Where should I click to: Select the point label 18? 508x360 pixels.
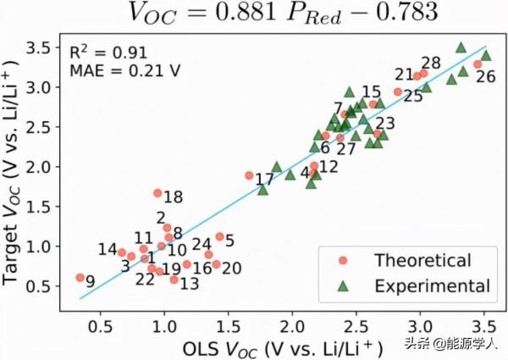[x=173, y=197]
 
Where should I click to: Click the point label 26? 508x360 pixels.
[x=486, y=77]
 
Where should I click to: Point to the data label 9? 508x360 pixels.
[x=91, y=282]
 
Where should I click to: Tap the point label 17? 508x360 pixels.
[x=264, y=180]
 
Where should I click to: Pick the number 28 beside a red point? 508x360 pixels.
[x=431, y=63]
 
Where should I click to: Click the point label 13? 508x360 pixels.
[x=190, y=285]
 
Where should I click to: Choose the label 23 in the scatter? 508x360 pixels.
[x=385, y=123]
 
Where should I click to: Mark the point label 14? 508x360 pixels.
[x=107, y=250]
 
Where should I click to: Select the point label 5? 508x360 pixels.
[x=229, y=241]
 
